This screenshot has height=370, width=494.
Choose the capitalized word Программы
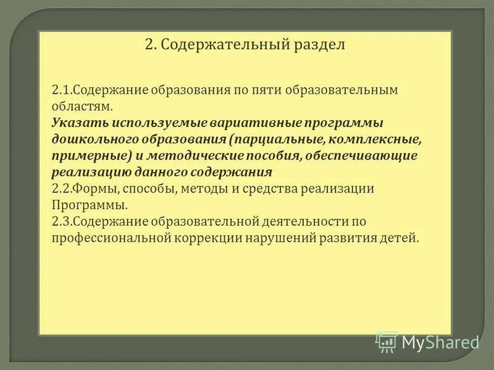[x=90, y=204]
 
